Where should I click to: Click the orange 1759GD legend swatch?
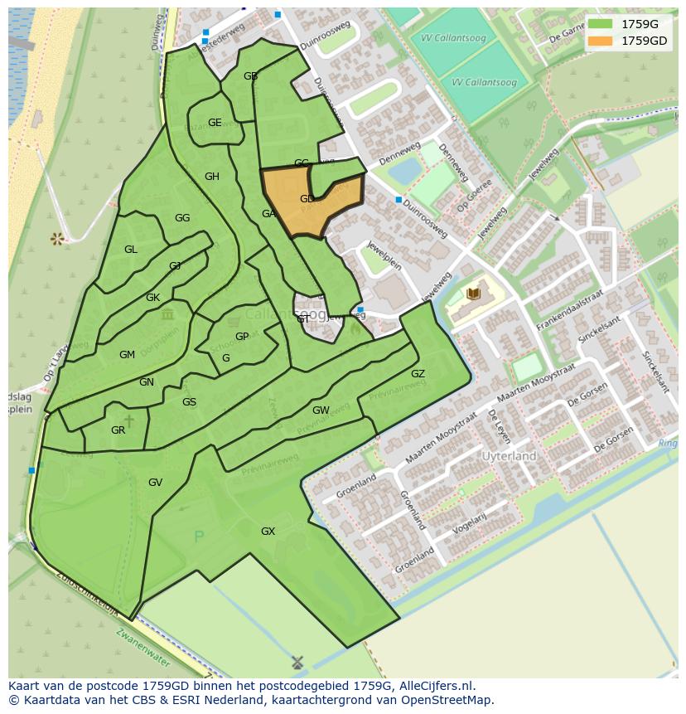click(600, 40)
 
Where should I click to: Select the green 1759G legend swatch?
click(600, 23)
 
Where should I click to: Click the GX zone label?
click(268, 532)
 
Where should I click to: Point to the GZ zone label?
click(418, 374)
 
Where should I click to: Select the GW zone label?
click(321, 410)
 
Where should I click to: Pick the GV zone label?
click(155, 483)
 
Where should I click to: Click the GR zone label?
click(118, 430)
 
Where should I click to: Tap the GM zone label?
click(127, 355)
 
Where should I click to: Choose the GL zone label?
click(131, 250)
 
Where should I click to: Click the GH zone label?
click(212, 177)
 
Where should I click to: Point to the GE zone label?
click(215, 123)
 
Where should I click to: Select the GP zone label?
click(242, 337)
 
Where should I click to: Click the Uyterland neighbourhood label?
click(510, 456)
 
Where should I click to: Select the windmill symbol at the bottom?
click(297, 663)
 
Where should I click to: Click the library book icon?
click(474, 294)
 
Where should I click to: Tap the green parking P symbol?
click(198, 537)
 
